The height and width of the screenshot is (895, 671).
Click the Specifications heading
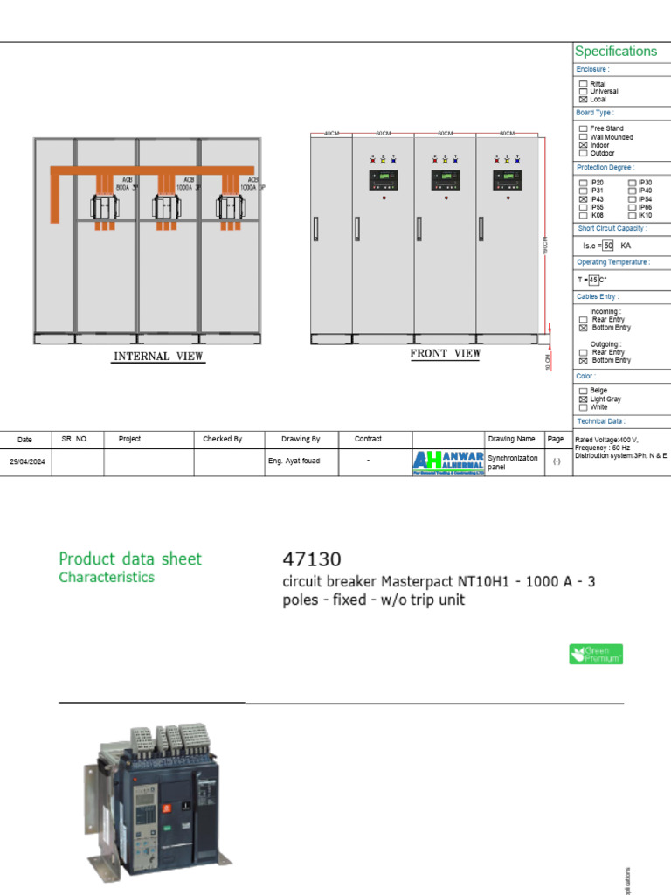[x=615, y=52]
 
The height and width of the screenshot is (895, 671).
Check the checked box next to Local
[x=584, y=100]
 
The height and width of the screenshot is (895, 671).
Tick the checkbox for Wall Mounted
[x=584, y=137]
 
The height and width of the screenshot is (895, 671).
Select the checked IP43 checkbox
[x=584, y=199]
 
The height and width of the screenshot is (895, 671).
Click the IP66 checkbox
[x=632, y=207]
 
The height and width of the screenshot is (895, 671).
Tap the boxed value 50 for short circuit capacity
[x=608, y=246]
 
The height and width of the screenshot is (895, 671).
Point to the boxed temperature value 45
[x=593, y=280]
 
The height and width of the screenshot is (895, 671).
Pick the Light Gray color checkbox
[x=584, y=399]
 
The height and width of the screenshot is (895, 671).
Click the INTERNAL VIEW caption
[x=158, y=357]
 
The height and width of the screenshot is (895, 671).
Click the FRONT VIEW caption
[x=446, y=354]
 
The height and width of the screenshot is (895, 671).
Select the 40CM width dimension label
[x=331, y=134]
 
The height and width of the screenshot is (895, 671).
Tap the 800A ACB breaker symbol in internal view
[x=106, y=207]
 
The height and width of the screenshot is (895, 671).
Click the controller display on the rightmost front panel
[x=507, y=180]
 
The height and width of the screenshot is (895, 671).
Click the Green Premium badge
[x=596, y=654]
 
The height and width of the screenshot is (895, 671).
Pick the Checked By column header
[x=222, y=439]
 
